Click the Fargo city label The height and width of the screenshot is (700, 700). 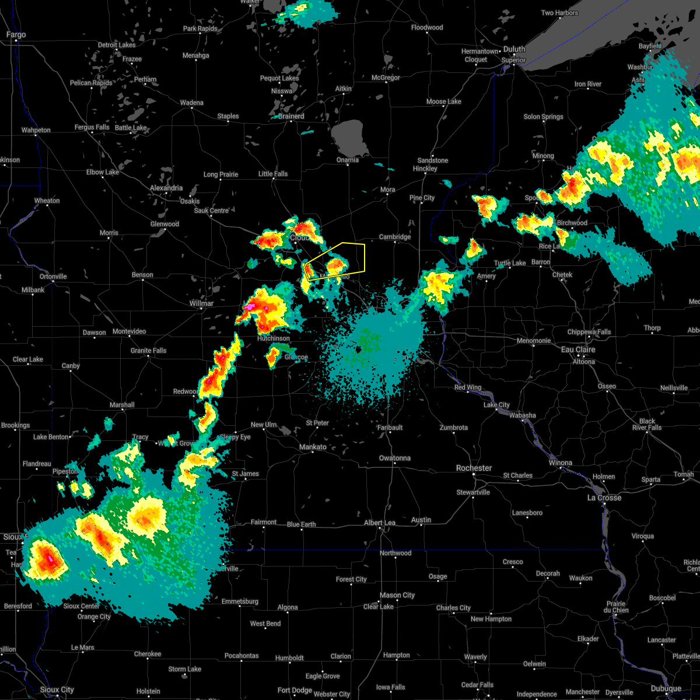click(x=16, y=35)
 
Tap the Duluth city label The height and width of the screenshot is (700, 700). click(x=514, y=50)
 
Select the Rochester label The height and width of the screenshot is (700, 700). click(x=474, y=468)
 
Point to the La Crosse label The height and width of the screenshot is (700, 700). click(x=604, y=498)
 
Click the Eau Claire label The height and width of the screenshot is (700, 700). click(x=577, y=349)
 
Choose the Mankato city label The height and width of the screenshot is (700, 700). click(x=313, y=447)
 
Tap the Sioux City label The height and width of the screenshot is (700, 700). click(x=57, y=689)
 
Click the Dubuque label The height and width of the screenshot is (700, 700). click(x=666, y=688)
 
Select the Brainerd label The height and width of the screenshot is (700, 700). click(x=291, y=116)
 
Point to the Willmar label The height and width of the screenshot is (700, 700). click(x=201, y=303)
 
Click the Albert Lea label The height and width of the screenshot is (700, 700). click(x=380, y=523)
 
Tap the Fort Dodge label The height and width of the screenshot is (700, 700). click(x=295, y=690)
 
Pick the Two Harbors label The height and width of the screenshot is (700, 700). click(x=559, y=13)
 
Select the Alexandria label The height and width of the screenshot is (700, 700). click(x=166, y=188)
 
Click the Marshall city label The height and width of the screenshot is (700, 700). click(x=122, y=405)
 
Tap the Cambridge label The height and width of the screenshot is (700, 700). click(x=395, y=237)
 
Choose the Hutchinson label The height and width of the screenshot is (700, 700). click(x=274, y=338)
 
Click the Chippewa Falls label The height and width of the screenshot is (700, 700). click(x=589, y=332)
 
